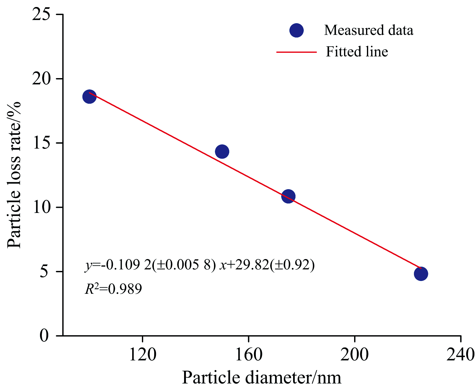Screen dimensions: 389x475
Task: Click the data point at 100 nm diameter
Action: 89,97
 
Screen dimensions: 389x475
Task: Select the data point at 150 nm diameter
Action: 222,151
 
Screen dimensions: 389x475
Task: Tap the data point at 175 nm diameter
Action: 288,196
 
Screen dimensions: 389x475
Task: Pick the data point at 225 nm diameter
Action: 421,274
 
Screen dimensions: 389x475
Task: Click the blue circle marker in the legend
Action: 296,30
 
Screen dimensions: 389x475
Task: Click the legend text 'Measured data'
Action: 368,30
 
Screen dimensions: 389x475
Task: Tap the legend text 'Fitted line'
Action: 357,52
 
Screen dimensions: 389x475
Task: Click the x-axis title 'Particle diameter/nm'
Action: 262,378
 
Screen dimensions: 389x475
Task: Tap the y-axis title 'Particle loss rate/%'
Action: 14,175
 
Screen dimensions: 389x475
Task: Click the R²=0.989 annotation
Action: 113,289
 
